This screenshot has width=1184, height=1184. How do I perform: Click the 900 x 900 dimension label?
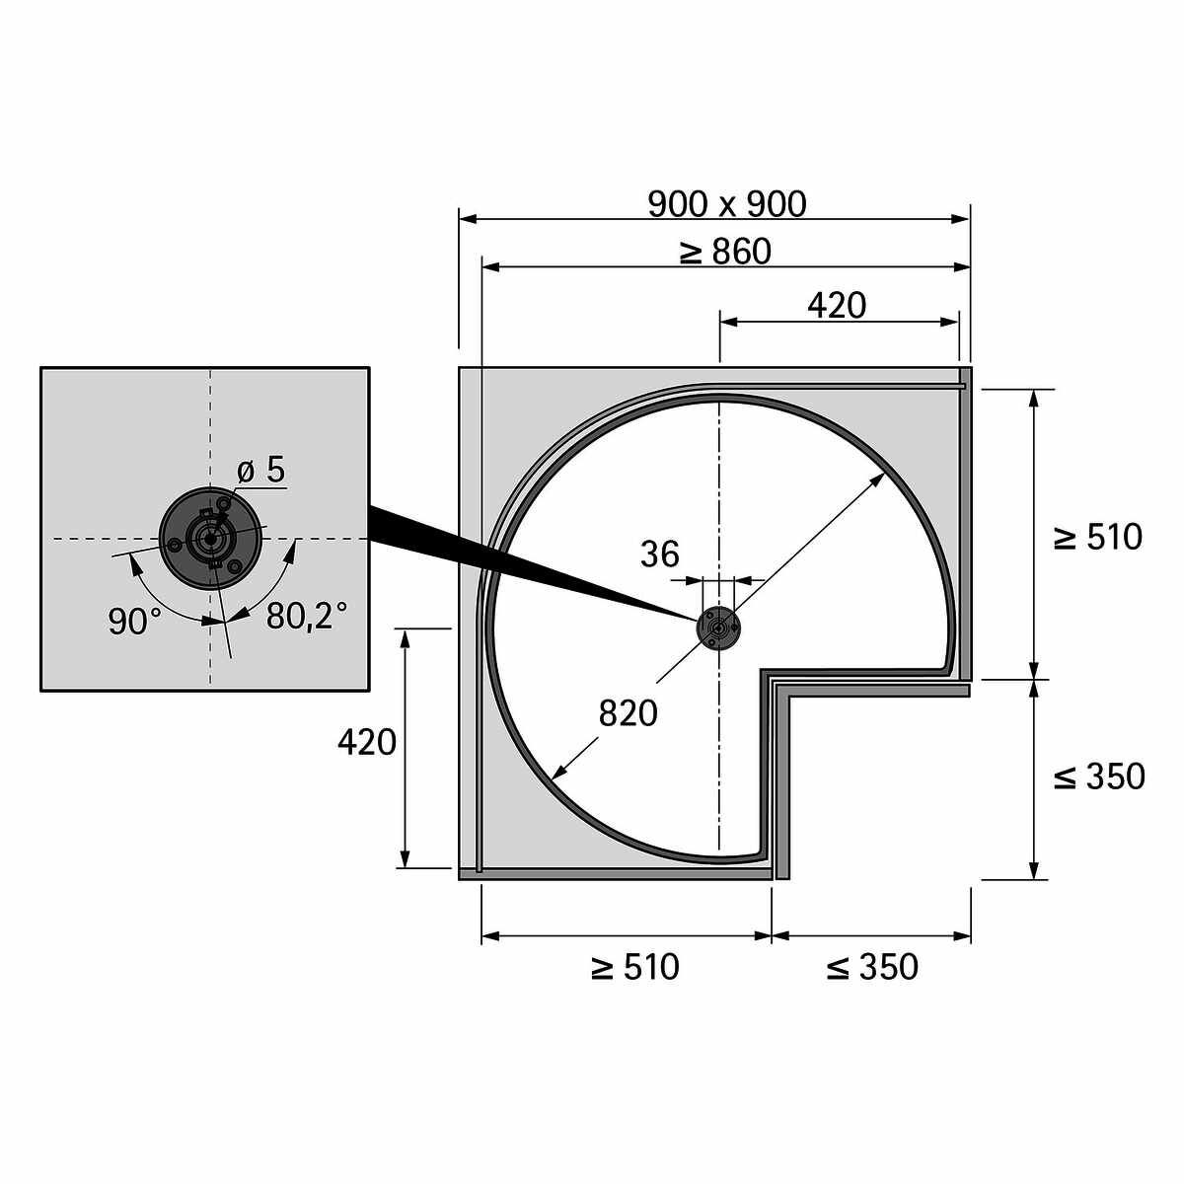tap(727, 204)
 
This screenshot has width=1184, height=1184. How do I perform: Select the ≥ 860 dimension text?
tap(725, 252)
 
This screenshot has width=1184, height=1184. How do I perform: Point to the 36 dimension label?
tap(660, 555)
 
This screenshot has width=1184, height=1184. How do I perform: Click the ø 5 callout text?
tap(261, 471)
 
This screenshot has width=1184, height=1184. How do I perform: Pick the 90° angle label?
tap(135, 622)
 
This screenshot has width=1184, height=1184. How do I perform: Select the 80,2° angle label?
tap(307, 616)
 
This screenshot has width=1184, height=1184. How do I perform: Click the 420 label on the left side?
tap(367, 742)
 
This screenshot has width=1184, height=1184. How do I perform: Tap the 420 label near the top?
tap(837, 306)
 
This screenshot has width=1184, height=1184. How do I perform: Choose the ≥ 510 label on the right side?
tap(1097, 537)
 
